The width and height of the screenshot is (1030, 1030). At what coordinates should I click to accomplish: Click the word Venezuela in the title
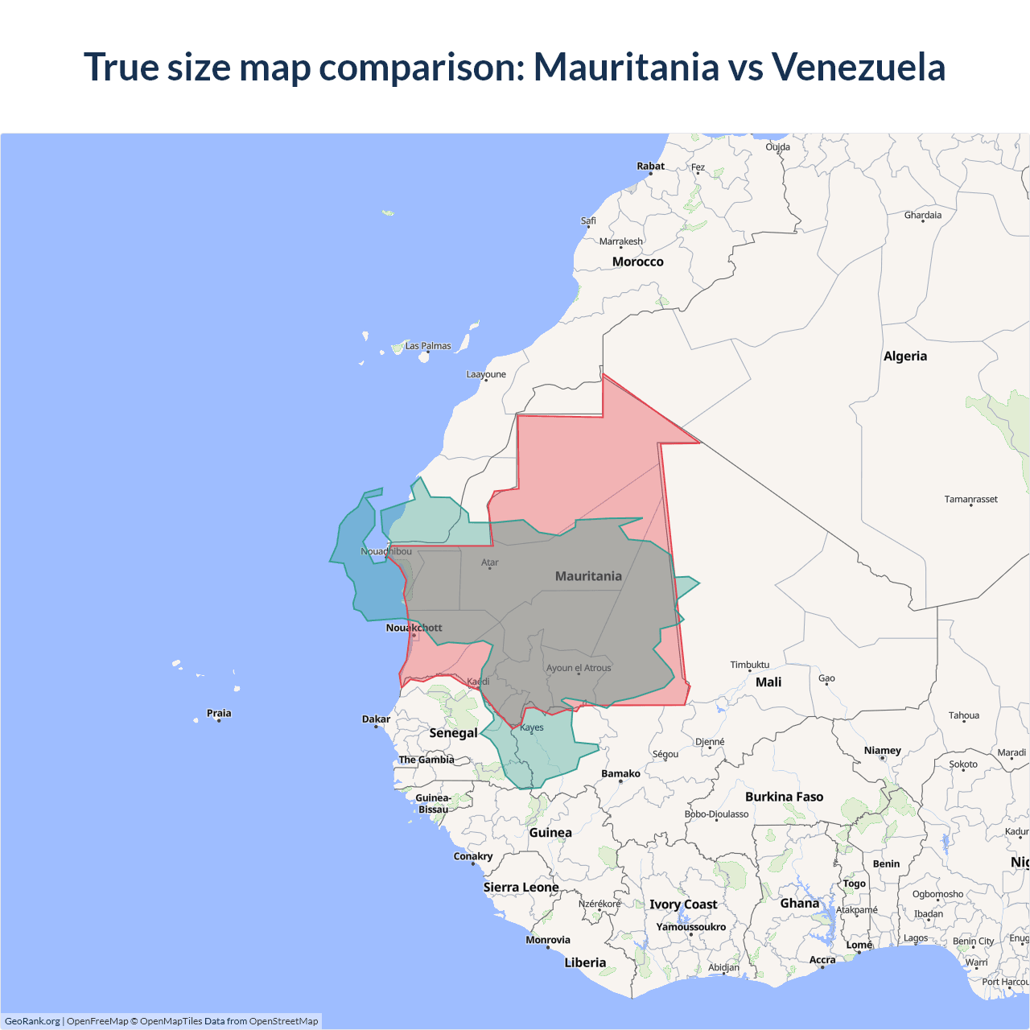click(x=858, y=67)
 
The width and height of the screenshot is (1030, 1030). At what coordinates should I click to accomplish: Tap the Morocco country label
click(x=637, y=262)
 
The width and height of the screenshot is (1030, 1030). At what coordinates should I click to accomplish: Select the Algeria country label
click(x=904, y=356)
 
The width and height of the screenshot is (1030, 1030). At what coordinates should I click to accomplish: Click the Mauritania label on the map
click(x=588, y=576)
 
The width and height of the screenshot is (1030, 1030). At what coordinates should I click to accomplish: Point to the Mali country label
click(x=768, y=682)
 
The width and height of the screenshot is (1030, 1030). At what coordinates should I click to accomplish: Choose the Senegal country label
click(x=453, y=733)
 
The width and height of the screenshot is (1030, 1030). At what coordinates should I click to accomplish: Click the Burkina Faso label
click(x=784, y=797)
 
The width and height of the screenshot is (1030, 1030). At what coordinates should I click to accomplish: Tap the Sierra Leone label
click(x=521, y=888)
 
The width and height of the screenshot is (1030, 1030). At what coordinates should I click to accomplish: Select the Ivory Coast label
click(x=683, y=904)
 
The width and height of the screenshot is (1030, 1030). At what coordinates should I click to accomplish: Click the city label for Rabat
click(x=650, y=167)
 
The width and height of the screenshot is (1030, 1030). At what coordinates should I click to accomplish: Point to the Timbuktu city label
click(x=749, y=665)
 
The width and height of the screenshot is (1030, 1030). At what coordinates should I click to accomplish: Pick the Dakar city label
click(x=376, y=719)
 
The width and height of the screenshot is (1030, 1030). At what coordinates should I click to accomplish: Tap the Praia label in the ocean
click(x=219, y=713)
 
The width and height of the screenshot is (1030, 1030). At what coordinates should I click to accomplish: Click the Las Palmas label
click(x=427, y=346)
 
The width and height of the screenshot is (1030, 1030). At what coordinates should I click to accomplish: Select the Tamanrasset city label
click(x=970, y=500)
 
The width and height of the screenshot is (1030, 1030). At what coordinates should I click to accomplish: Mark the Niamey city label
click(x=882, y=751)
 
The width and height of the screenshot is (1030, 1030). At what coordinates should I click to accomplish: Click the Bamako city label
click(x=620, y=774)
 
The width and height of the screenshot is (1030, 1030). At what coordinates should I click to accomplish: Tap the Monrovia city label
click(x=547, y=940)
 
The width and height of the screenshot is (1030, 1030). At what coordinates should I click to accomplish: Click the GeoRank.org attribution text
click(x=32, y=1021)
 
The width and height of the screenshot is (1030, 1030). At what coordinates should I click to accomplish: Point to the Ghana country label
click(x=799, y=904)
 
